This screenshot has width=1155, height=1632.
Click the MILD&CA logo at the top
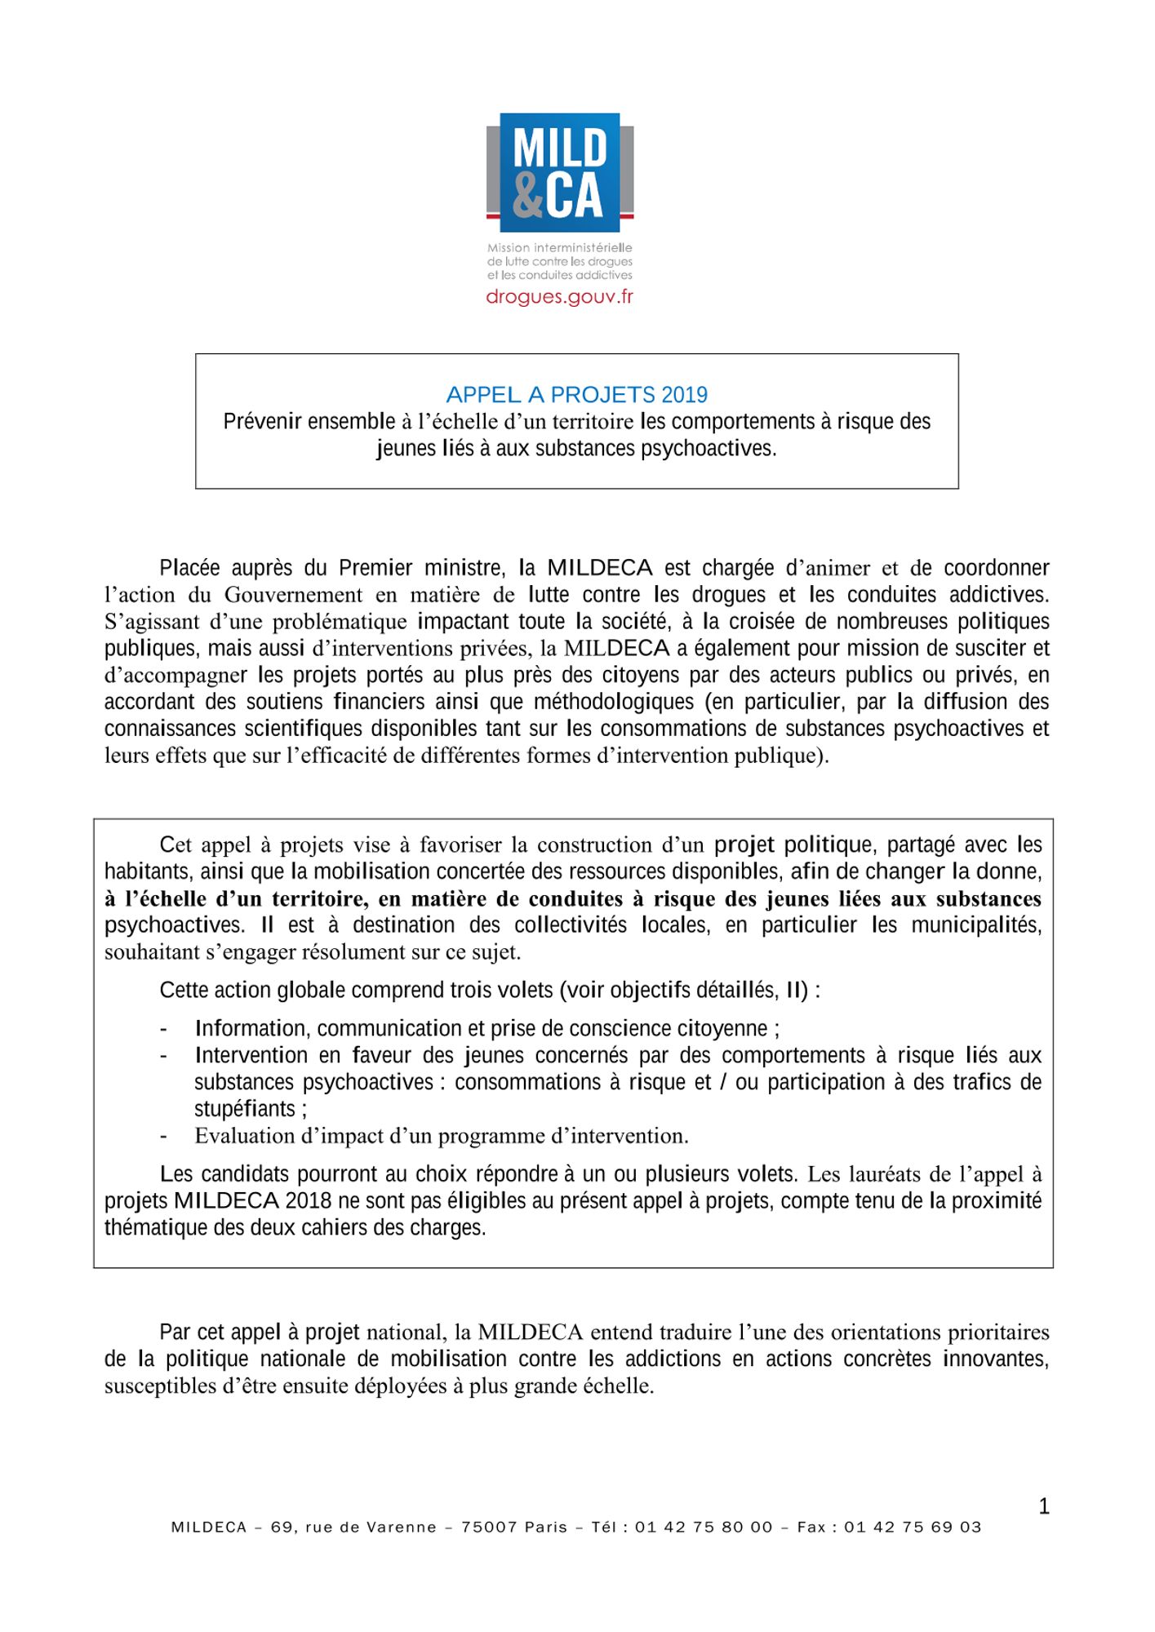(560, 173)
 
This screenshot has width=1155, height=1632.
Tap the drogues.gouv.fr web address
(559, 297)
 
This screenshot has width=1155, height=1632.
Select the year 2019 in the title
(684, 395)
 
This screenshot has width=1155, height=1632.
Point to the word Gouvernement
(293, 594)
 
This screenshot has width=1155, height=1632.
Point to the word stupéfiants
(245, 1109)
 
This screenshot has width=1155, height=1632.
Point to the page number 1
(1044, 1506)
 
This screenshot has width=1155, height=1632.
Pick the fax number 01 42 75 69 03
(913, 1528)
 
